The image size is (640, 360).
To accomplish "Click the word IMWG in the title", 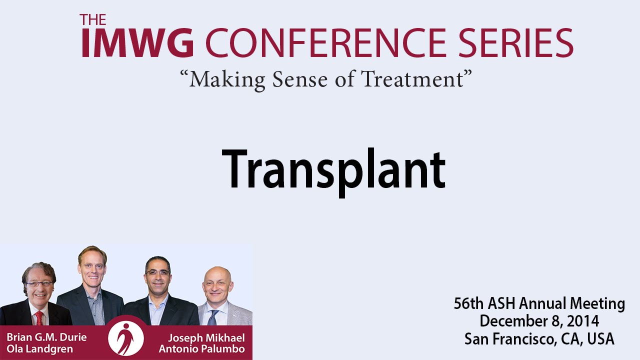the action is pyautogui.click(x=137, y=42).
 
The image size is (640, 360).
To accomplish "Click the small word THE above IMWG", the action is pyautogui.click(x=93, y=19).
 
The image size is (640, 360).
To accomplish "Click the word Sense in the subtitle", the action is pyautogui.click(x=299, y=79).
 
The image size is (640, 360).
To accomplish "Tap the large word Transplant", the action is pyautogui.click(x=333, y=172).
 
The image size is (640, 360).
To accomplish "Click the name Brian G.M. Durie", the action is pyautogui.click(x=46, y=337).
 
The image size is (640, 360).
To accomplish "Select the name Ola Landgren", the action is pyautogui.click(x=39, y=349).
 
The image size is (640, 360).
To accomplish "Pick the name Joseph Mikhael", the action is pyautogui.click(x=206, y=338).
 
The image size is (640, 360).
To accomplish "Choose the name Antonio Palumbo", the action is pyautogui.click(x=201, y=349).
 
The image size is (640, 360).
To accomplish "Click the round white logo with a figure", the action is pyautogui.click(x=126, y=338).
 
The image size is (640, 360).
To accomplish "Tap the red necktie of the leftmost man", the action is pyautogui.click(x=39, y=318).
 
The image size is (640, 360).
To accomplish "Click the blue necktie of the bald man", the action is pyautogui.click(x=213, y=317).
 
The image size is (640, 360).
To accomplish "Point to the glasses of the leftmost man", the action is pyautogui.click(x=39, y=284).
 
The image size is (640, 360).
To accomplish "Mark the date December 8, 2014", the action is pyautogui.click(x=539, y=321).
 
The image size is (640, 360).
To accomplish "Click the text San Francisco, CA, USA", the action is pyautogui.click(x=539, y=339).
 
